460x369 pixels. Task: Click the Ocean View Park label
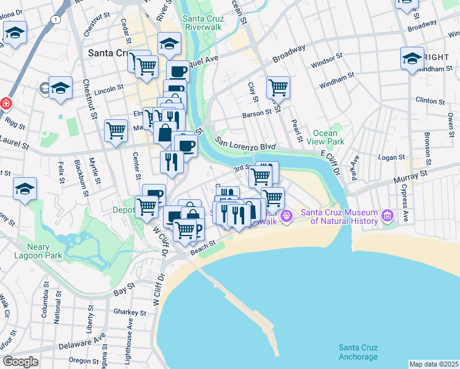325,137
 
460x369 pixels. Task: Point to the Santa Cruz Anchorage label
359,352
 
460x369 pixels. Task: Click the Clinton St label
430,100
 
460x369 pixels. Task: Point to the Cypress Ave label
405,204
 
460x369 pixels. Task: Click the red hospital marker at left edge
5,103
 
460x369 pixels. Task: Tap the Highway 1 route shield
57,20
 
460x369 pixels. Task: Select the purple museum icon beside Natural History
387,215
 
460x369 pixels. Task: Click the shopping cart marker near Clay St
279,87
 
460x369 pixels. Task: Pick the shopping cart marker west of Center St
116,130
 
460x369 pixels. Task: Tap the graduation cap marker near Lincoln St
60,88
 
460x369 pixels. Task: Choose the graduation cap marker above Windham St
412,58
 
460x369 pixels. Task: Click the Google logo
20,362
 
